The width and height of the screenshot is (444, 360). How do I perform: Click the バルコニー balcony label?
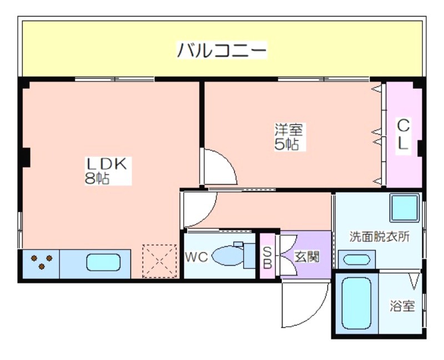[221, 50]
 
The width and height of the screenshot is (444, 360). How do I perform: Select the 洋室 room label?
[289, 130]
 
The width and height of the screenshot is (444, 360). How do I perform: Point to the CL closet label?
[403, 134]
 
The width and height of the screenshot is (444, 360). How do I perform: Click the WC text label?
[196, 257]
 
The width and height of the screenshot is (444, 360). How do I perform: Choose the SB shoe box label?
[268, 257]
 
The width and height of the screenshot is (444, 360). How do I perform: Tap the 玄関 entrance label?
[307, 257]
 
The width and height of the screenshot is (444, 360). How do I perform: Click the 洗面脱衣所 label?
[379, 237]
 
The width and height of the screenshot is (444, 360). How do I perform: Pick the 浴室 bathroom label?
[402, 306]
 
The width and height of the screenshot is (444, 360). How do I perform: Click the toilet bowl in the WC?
[226, 255]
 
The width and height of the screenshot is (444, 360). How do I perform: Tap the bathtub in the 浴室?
[356, 303]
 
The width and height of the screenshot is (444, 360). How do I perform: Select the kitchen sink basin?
[103, 262]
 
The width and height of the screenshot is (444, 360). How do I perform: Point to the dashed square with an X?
[159, 261]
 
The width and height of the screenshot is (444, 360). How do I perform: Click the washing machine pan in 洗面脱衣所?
[405, 208]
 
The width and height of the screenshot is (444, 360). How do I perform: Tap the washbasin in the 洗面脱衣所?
[357, 259]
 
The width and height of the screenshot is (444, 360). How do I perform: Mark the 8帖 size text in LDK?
[97, 178]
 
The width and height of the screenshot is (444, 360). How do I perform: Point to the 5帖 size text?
[286, 144]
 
